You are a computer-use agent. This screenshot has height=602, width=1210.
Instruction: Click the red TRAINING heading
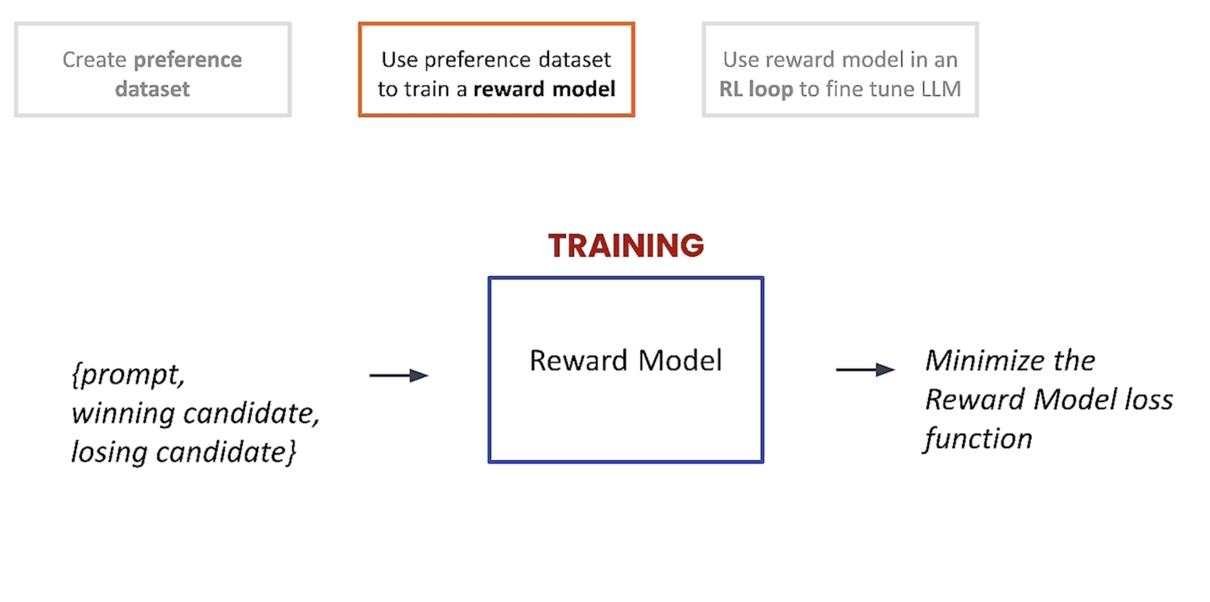point(626,245)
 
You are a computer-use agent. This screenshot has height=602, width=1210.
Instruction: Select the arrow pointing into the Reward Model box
point(399,375)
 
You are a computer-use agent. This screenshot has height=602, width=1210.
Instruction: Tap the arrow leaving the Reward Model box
point(865,369)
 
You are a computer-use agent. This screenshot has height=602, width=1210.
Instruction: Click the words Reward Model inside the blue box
point(626,360)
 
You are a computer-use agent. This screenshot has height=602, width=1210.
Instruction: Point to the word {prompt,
point(128,375)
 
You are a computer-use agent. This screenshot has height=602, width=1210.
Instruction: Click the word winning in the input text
point(123,414)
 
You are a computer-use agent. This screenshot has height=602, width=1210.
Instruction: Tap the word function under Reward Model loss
point(978,439)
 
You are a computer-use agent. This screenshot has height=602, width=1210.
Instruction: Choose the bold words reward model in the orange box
point(544,89)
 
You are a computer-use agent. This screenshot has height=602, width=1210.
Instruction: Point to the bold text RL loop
point(756,89)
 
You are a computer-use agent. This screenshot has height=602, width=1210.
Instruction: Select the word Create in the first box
point(94,59)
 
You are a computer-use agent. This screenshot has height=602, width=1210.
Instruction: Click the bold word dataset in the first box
point(152,89)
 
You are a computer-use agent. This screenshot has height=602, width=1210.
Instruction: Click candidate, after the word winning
point(251,414)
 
